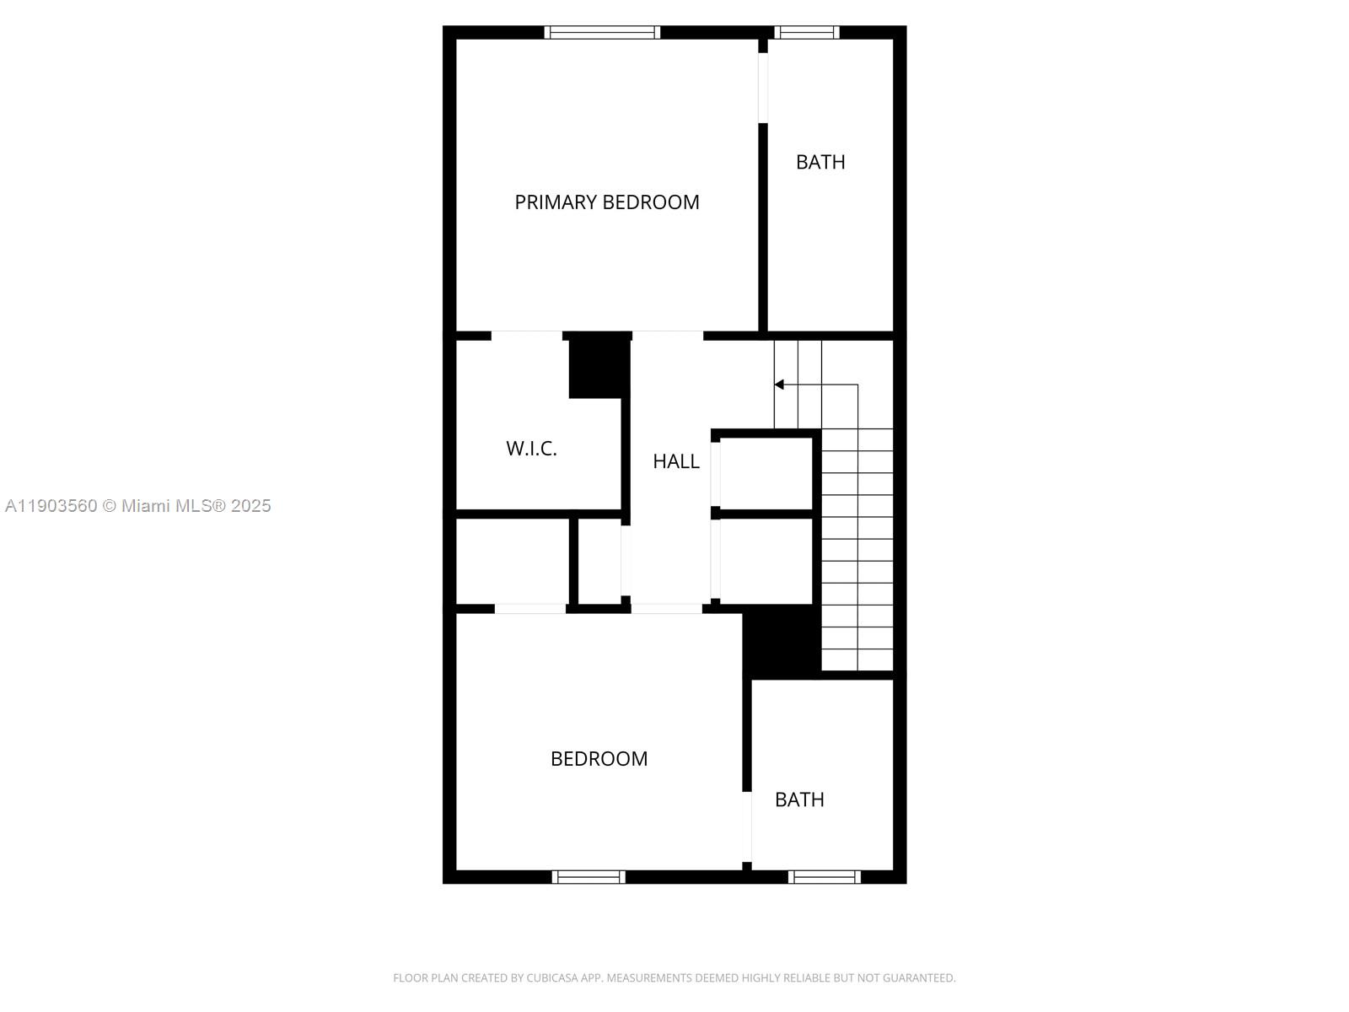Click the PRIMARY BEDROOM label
click(x=607, y=202)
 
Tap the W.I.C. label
click(x=531, y=449)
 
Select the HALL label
click(x=676, y=461)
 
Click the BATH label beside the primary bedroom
click(x=820, y=162)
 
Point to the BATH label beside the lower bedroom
click(x=799, y=799)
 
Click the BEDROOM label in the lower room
click(x=599, y=759)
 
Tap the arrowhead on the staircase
click(x=780, y=385)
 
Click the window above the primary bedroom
click(x=602, y=33)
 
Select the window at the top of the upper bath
click(x=807, y=33)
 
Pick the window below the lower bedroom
click(x=589, y=877)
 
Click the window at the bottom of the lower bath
click(x=825, y=877)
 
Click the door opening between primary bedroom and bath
click(x=763, y=88)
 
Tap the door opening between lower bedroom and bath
click(x=747, y=826)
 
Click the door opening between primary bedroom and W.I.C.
click(x=527, y=336)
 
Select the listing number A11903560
click(x=51, y=506)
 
